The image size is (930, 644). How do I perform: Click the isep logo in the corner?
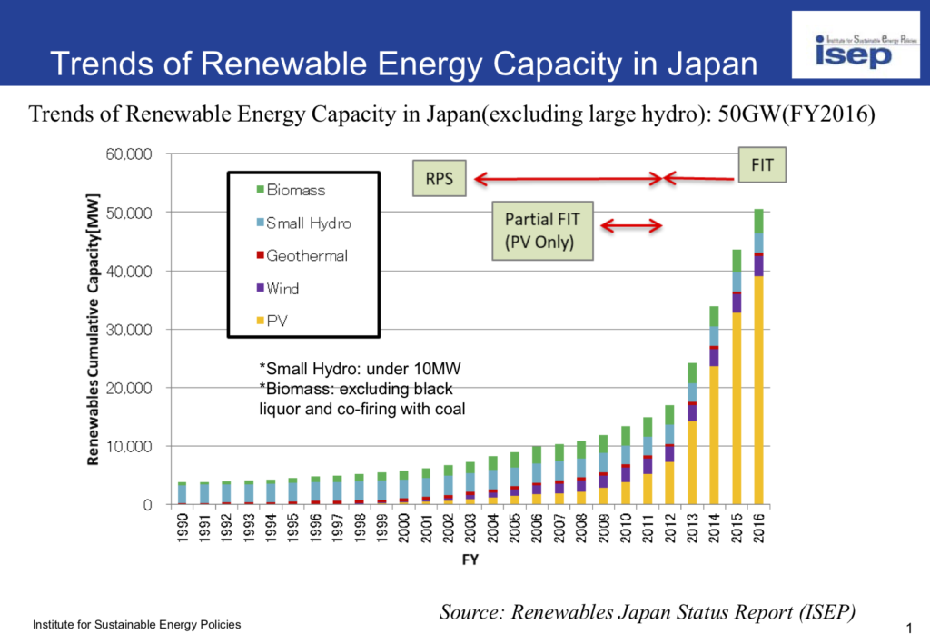click(853, 46)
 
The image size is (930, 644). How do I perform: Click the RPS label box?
click(440, 179)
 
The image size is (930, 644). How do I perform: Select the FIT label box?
click(761, 166)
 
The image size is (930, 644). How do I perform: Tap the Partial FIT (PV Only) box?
click(542, 231)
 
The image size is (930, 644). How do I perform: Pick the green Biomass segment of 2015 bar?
click(737, 260)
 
